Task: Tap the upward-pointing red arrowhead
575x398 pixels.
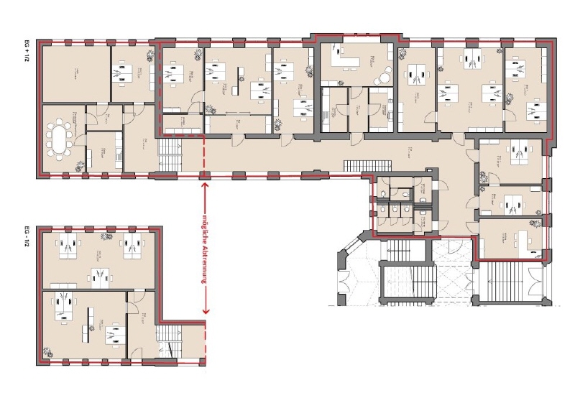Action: [x=205, y=185]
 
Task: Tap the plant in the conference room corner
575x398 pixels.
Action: [x=79, y=167]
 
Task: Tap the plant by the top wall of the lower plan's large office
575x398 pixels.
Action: [x=109, y=236]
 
